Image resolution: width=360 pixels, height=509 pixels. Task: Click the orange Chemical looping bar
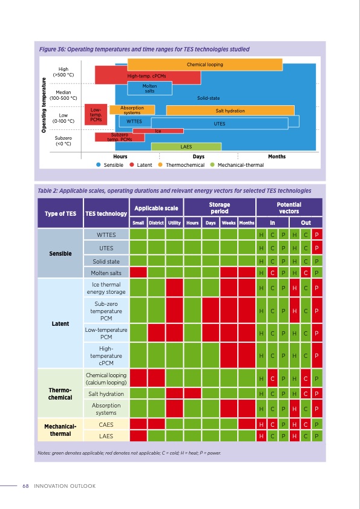tap(205, 64)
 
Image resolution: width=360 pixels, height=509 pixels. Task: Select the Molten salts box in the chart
tap(149, 88)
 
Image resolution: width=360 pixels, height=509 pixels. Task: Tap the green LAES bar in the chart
tap(186, 147)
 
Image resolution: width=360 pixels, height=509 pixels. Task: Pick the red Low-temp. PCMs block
tap(95, 114)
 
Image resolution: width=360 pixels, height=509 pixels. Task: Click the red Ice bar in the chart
tap(158, 131)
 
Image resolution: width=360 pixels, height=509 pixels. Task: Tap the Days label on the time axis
tap(198, 157)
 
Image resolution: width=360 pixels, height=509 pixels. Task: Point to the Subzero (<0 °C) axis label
tap(64, 141)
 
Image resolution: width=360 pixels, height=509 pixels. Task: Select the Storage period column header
tap(219, 209)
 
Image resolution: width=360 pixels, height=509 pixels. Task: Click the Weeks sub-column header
tap(229, 222)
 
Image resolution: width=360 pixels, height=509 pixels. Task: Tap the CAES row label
tap(106, 424)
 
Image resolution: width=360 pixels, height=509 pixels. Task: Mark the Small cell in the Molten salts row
tap(139, 273)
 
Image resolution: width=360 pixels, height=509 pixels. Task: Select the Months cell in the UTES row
tap(246, 248)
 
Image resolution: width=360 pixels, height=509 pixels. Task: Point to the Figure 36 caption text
tap(144, 49)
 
